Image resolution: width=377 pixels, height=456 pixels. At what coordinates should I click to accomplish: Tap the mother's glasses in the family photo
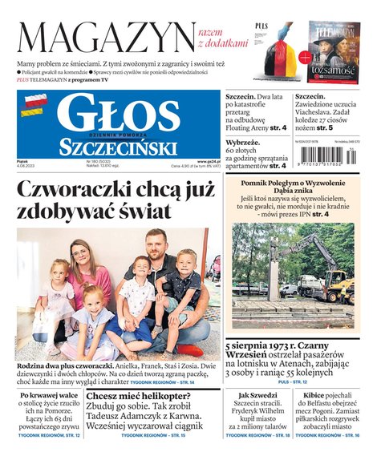coord(79,256)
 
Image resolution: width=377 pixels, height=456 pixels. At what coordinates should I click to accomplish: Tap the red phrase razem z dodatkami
coord(219,35)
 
